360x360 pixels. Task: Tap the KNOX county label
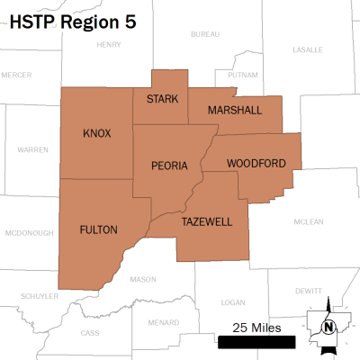pos(96,133)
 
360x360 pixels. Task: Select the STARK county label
pos(162,98)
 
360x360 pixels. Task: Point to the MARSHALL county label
pos(234,110)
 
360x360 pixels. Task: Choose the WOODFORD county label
pos(256,163)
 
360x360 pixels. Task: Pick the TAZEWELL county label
pos(207,221)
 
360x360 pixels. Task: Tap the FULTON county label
pos(98,229)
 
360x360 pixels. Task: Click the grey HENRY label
pos(108,44)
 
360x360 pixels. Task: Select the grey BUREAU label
pos(205,34)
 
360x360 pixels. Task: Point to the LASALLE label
pos(308,49)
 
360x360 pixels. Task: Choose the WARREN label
pos(32,149)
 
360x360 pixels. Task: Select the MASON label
pos(143,279)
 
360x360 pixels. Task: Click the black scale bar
pos(256,341)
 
